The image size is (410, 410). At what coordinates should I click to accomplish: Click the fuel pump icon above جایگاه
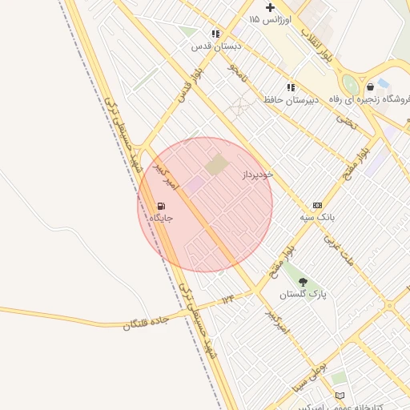(x=162, y=206)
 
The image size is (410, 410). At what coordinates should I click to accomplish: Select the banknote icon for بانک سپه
(x=317, y=206)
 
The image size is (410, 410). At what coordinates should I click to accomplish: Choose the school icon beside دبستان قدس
(x=215, y=34)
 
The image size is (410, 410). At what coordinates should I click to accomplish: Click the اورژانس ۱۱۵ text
(x=270, y=18)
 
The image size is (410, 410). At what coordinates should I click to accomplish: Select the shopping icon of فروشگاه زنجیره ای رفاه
(x=370, y=86)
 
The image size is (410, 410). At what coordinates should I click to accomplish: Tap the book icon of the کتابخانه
(x=340, y=396)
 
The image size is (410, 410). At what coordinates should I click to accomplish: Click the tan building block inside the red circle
(x=215, y=166)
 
